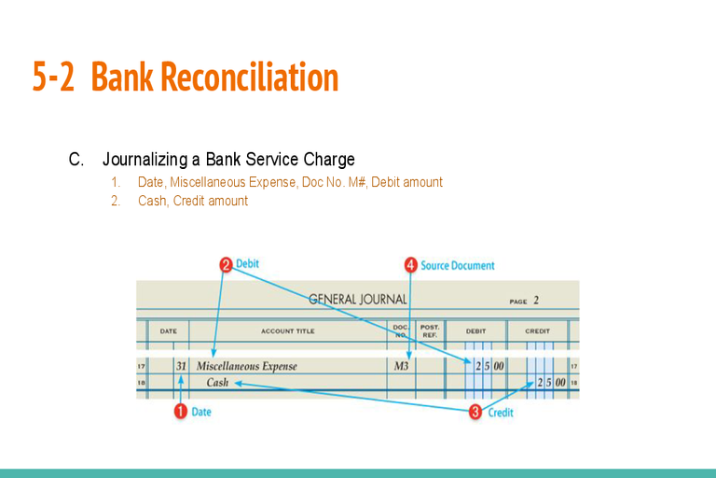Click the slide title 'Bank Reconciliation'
[215, 77]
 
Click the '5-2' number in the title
[54, 77]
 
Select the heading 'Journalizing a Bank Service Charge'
[228, 160]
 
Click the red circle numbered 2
[226, 265]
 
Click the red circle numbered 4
[410, 265]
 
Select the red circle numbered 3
[475, 412]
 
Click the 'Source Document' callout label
[458, 266]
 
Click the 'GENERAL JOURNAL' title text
[358, 300]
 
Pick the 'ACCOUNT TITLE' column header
[287, 330]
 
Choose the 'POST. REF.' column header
[430, 330]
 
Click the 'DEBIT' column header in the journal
[476, 330]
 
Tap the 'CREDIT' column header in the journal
[537, 330]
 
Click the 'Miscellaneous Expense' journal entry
[247, 366]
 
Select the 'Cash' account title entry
[217, 383]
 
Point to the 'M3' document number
[401, 366]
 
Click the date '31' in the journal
[181, 366]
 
